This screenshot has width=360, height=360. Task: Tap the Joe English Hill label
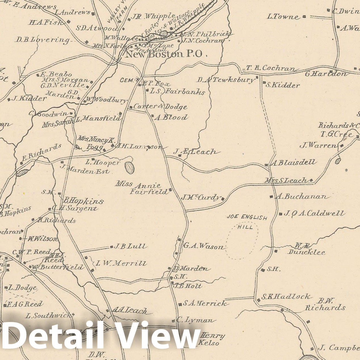(x=247, y=222)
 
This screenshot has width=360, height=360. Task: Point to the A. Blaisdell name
(x=294, y=163)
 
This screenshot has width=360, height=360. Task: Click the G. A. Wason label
(x=203, y=246)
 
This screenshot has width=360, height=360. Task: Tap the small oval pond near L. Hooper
(x=129, y=168)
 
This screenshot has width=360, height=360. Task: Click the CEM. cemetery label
(x=127, y=80)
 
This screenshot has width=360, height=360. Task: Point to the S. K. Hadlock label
(x=286, y=297)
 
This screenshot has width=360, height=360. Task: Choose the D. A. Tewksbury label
(x=226, y=80)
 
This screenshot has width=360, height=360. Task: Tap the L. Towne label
(x=283, y=17)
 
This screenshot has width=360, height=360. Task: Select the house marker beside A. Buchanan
(x=271, y=196)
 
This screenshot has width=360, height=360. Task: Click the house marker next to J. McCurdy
(x=223, y=199)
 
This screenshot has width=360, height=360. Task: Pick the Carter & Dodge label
(x=160, y=107)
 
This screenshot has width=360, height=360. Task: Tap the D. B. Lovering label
(x=43, y=40)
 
